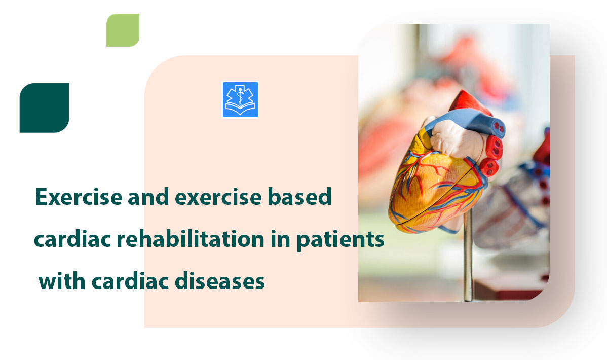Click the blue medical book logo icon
[240, 100]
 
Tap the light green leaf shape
[123, 30]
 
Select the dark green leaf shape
[44, 108]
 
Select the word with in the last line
[59, 281]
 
